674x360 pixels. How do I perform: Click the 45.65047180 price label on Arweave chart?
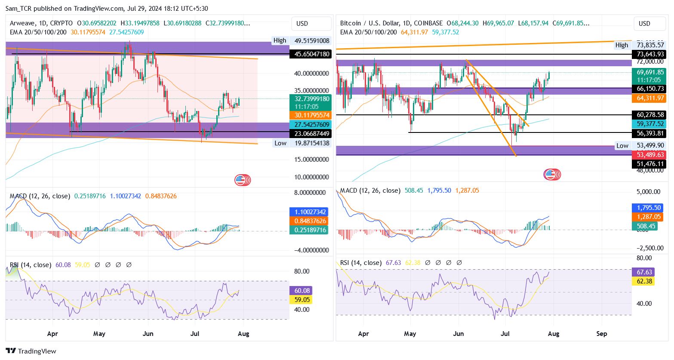312,54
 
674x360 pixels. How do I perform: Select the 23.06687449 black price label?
312,133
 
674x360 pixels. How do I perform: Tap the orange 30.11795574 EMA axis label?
312,115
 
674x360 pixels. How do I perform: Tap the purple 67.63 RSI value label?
644,272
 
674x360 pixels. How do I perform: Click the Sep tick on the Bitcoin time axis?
602,334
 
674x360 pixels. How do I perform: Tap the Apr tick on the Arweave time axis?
52,334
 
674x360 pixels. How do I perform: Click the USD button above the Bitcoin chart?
644,24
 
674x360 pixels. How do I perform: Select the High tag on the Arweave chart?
280,40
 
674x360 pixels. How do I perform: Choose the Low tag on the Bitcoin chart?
622,146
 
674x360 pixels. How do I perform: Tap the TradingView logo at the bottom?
31,351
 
